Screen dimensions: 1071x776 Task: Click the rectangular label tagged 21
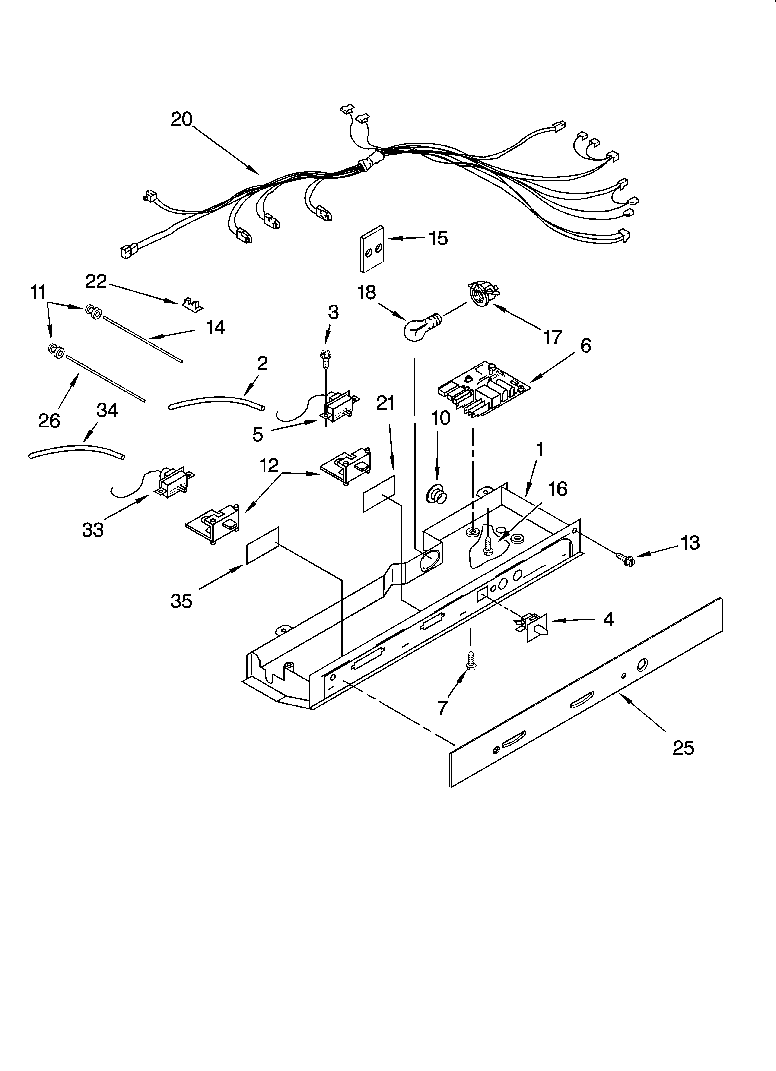point(378,493)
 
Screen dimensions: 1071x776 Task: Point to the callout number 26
point(49,420)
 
